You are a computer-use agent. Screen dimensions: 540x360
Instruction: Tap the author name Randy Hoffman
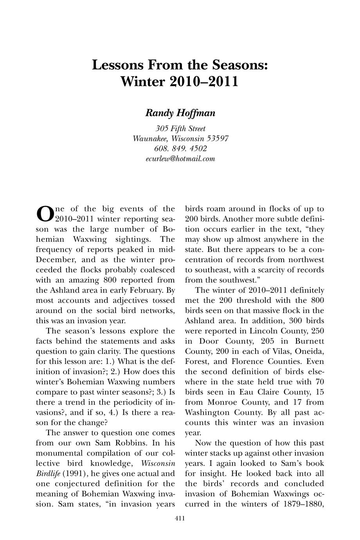coord(180,113)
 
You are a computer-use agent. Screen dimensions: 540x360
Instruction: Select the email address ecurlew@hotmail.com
coord(180,159)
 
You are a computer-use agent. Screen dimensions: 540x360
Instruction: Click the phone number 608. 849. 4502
coord(180,149)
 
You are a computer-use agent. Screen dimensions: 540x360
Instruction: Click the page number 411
coord(180,519)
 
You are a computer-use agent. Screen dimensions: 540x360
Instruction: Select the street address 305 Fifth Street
coord(180,128)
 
